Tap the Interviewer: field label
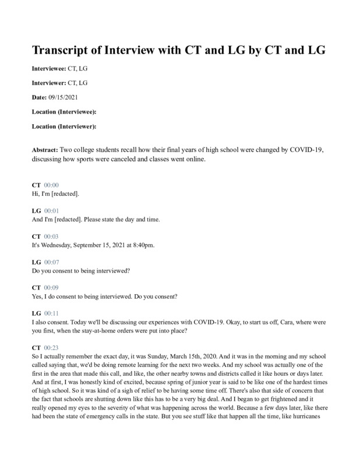49,83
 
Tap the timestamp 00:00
51,185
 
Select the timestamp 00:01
51,210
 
